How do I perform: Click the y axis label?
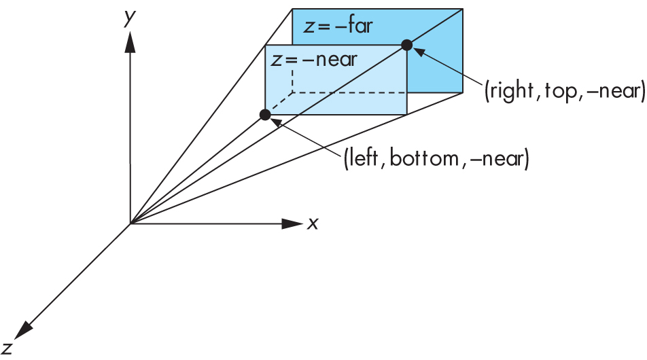(x=127, y=19)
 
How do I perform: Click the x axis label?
(x=313, y=223)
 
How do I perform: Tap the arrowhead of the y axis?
(x=130, y=42)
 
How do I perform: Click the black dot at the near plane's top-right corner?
(x=406, y=46)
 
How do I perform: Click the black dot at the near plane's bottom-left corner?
(x=265, y=115)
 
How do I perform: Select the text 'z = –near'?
(x=313, y=60)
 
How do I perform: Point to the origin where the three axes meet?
(x=130, y=223)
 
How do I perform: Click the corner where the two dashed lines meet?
(x=293, y=92)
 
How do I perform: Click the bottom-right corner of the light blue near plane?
(x=406, y=115)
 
